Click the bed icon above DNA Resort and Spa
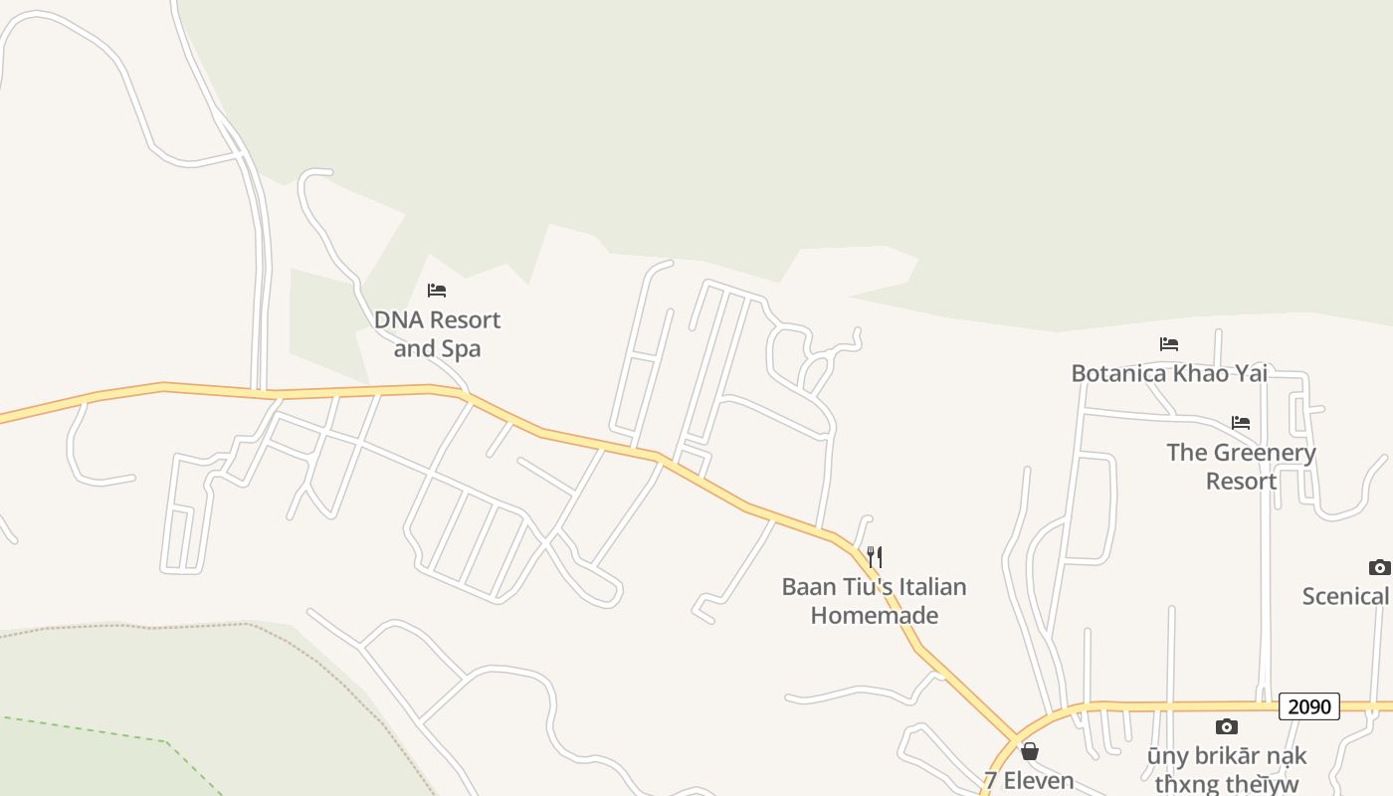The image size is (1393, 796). (x=437, y=291)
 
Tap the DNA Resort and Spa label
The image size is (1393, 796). (x=437, y=334)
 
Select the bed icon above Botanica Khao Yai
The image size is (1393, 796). (x=1169, y=344)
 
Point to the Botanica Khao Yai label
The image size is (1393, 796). (x=1169, y=373)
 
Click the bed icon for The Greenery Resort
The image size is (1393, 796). (x=1241, y=423)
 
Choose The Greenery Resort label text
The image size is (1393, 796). (x=1241, y=467)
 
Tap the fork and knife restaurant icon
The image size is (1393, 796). (x=875, y=556)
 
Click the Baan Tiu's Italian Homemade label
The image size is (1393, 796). (x=874, y=601)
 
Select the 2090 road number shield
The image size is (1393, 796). (x=1308, y=706)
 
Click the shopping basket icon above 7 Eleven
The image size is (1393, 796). (x=1030, y=751)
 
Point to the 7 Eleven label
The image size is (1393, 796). (x=1029, y=780)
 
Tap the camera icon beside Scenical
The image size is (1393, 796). (x=1379, y=567)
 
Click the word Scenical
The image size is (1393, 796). (x=1346, y=596)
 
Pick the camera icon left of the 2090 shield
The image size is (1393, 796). (x=1227, y=726)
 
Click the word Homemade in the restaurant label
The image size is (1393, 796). (x=874, y=615)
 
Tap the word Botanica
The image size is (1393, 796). (x=1116, y=373)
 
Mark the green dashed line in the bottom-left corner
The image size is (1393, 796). (x=99, y=729)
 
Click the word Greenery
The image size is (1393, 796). (x=1263, y=453)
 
